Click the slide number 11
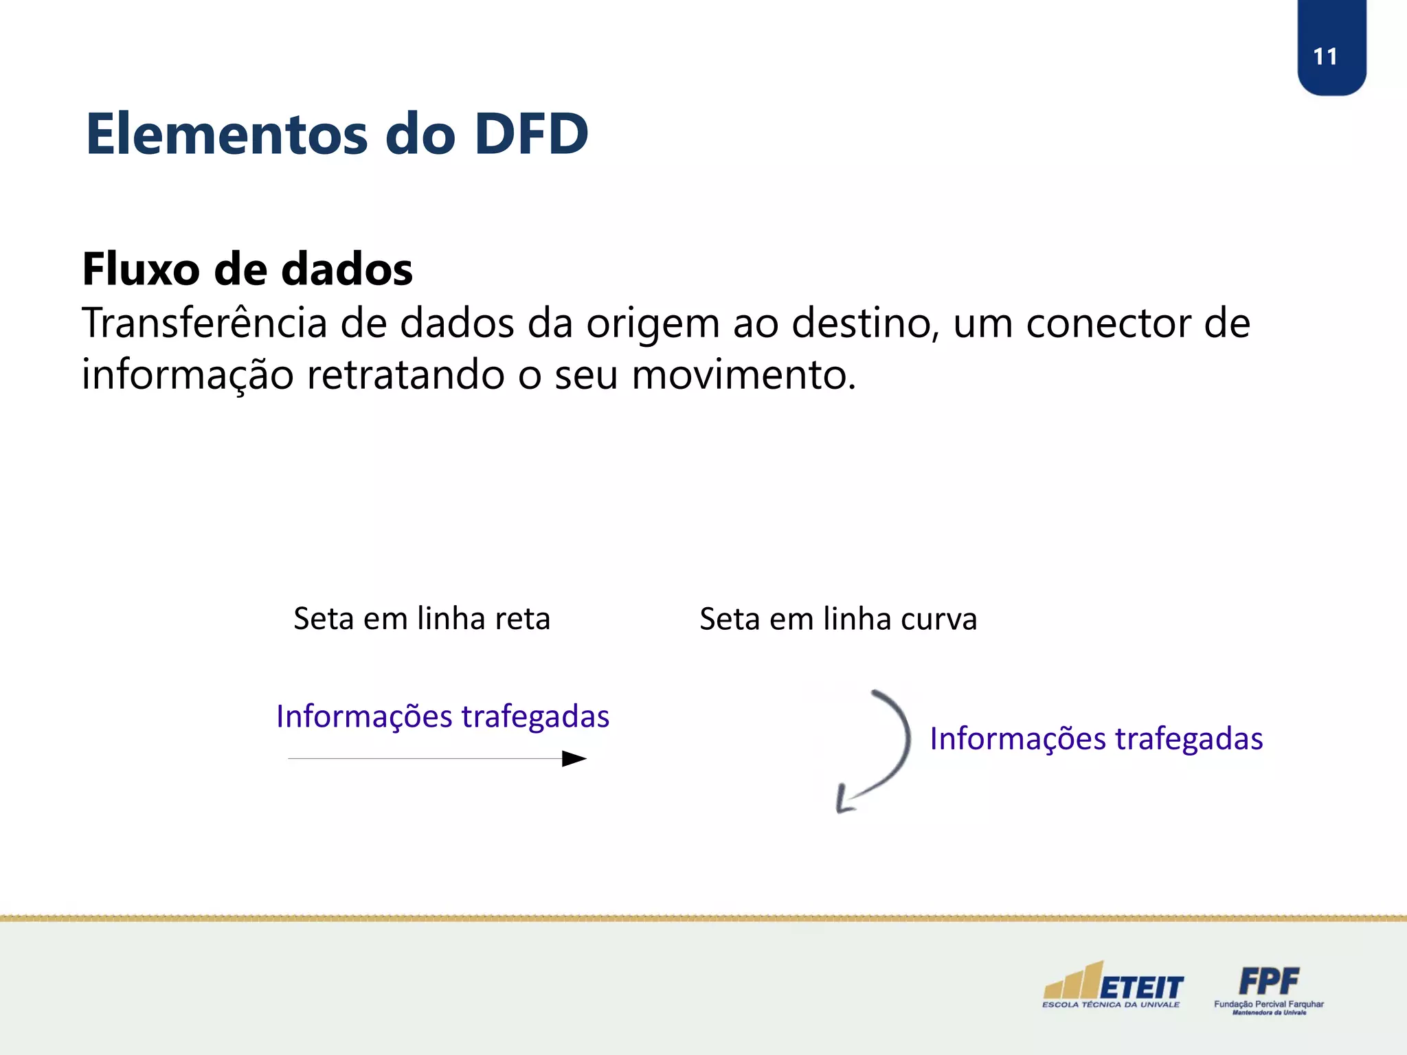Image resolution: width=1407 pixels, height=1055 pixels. click(x=1325, y=56)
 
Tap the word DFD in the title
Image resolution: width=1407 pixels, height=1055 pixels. click(x=531, y=134)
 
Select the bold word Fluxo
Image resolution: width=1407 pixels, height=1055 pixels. click(x=141, y=269)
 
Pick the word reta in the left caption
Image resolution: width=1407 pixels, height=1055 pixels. click(x=522, y=619)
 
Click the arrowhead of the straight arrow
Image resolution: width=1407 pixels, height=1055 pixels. click(x=574, y=759)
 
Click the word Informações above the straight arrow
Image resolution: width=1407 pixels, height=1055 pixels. click(x=364, y=716)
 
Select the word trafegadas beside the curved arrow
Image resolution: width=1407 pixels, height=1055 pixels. click(x=1189, y=739)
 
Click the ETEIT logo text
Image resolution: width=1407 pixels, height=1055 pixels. click(x=1141, y=988)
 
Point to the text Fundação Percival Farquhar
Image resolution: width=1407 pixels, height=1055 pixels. click(x=1268, y=1004)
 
